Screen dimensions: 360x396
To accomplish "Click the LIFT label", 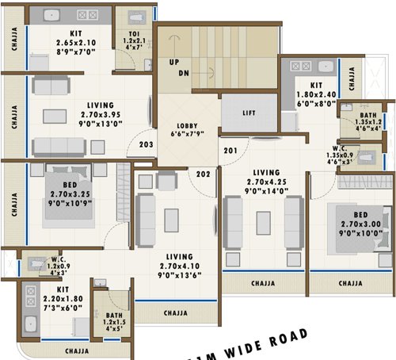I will click(x=249, y=113).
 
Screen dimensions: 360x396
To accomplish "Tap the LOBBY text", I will click(x=186, y=126).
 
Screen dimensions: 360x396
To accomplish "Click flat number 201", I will click(x=230, y=151).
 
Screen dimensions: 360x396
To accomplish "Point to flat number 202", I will click(x=204, y=174).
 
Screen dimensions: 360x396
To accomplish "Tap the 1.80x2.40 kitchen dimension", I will click(x=316, y=93).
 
